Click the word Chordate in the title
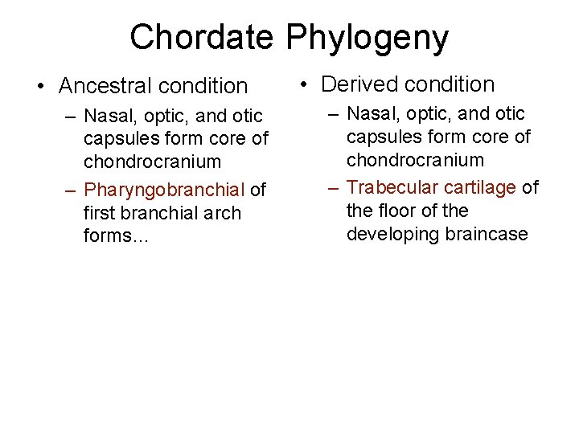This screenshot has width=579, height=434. (203, 37)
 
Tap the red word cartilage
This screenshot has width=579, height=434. (480, 187)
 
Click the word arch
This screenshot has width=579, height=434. (223, 214)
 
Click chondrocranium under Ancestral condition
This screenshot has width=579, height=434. (152, 162)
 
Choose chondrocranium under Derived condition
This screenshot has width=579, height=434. (415, 160)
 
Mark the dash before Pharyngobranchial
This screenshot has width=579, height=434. (72, 190)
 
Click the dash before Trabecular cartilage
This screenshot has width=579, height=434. (335, 187)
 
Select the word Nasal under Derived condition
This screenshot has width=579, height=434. (374, 114)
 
